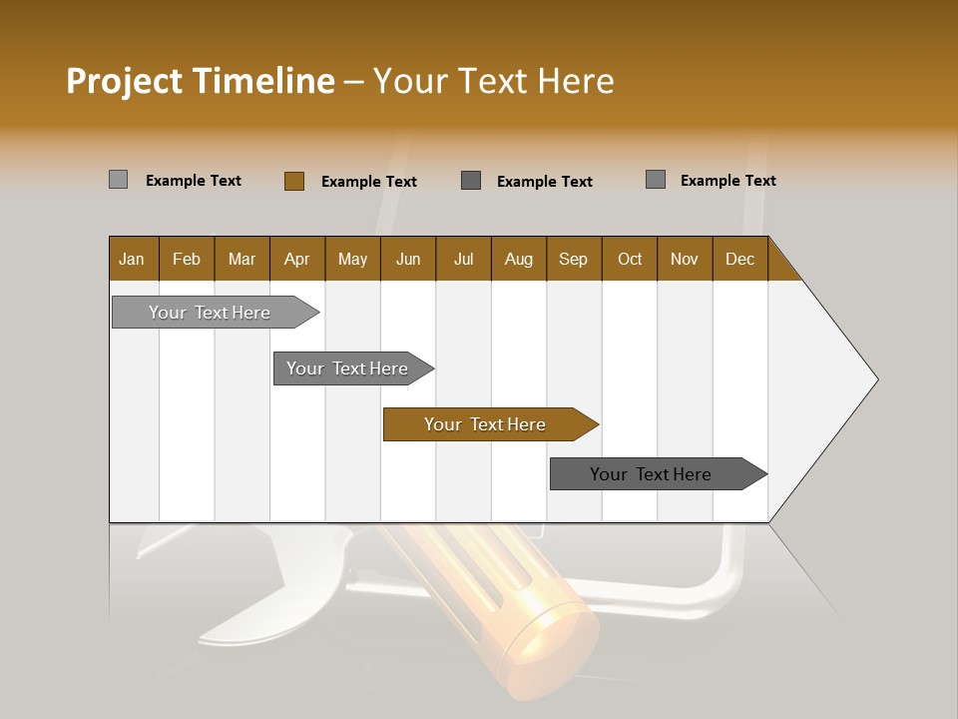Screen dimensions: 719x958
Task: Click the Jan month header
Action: (x=133, y=259)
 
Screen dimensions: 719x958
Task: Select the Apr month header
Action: (x=297, y=259)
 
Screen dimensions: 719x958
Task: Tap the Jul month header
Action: (x=463, y=259)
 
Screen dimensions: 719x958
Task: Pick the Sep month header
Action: (x=573, y=259)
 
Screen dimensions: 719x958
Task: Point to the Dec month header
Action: (x=739, y=259)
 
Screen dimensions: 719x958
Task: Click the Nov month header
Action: (x=684, y=259)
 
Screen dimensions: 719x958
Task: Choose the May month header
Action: (x=352, y=259)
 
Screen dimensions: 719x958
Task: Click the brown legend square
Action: (x=294, y=181)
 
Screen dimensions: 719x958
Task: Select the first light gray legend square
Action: (x=118, y=180)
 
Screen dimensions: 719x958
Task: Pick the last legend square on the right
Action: (x=656, y=180)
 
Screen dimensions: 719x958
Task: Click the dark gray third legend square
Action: (x=471, y=181)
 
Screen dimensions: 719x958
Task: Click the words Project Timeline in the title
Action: (x=200, y=81)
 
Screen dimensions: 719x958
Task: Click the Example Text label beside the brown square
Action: (x=368, y=182)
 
